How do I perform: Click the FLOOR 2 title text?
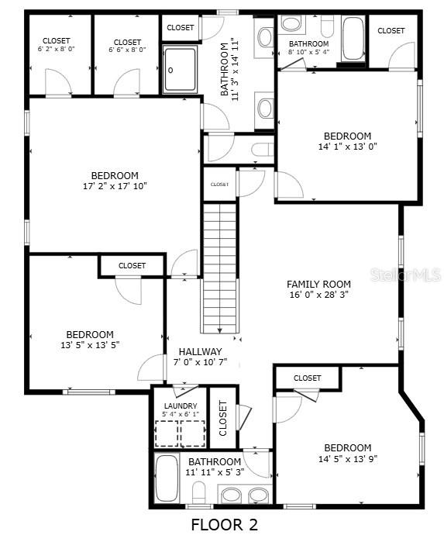224,525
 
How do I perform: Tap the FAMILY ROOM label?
318,285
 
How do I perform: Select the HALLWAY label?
200,351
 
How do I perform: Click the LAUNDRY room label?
180,406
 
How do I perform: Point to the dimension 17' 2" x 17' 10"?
115,186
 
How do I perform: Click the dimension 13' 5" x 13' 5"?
90,345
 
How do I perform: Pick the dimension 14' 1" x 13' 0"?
347,146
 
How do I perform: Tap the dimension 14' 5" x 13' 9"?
347,458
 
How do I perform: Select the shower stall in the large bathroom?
180,69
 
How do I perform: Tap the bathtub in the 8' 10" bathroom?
353,39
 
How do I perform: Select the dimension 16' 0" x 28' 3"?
318,295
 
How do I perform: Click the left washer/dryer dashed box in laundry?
167,433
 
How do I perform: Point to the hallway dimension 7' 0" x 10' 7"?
200,361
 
